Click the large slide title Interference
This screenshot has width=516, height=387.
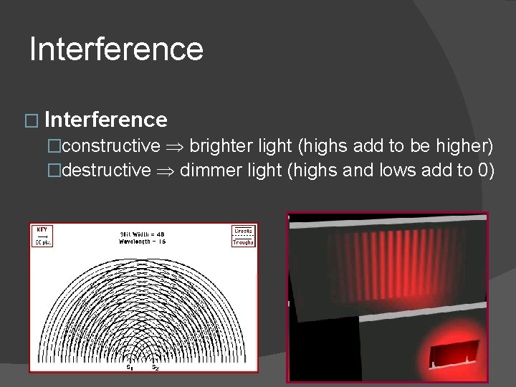117,49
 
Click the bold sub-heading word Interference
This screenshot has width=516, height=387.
110,119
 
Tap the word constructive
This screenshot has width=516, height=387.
111,146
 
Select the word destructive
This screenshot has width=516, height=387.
106,171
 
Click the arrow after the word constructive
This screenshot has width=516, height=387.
176,147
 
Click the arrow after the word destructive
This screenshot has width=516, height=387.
166,171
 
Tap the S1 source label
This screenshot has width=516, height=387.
130,368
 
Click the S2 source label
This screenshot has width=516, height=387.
155,368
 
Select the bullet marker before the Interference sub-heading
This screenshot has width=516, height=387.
35,120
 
